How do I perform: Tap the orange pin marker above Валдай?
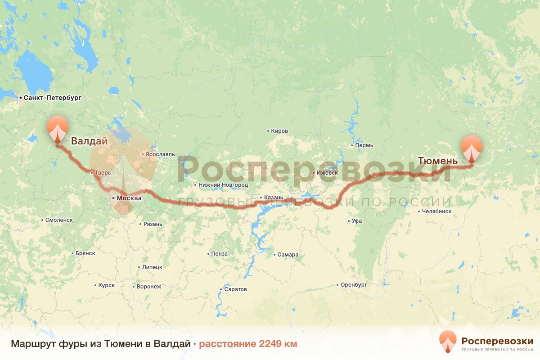coord(58,128)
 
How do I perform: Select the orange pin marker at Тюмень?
coord(471,148)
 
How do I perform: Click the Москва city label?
coord(129,198)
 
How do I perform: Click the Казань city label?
coord(274,197)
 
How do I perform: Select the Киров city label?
coord(279,131)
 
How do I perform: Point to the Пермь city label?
coord(364,146)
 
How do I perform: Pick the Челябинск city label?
coord(436,211)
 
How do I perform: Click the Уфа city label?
coord(357,221)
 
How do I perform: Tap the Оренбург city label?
coord(354,285)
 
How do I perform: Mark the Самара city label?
coord(288,255)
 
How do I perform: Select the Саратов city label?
coord(235,289)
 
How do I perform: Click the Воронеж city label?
coord(148,287)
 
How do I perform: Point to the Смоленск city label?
coord(59,220)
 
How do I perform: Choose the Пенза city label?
coord(219,254)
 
